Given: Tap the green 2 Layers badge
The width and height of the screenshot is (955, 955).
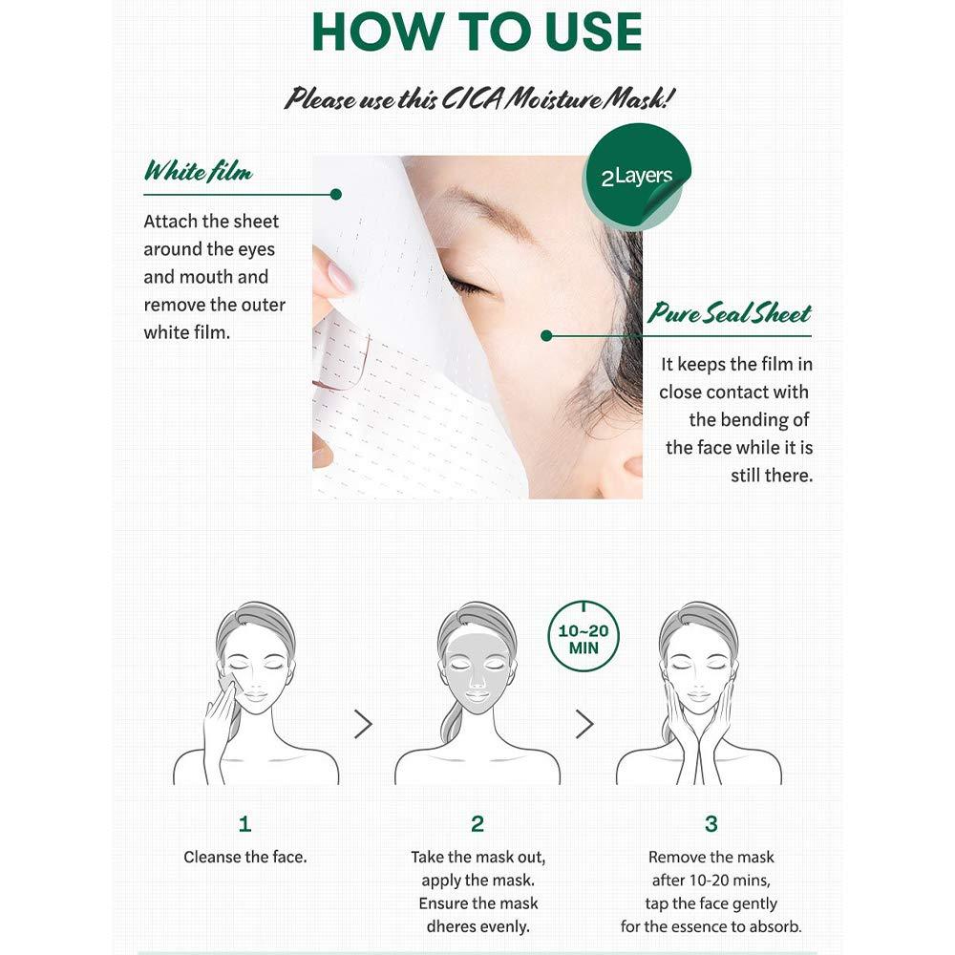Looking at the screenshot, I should pos(638,177).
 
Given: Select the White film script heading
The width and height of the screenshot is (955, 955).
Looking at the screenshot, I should pos(198,173).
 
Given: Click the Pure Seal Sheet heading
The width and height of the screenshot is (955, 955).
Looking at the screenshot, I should pos(730,314).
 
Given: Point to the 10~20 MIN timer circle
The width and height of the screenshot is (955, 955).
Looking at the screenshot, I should pos(583,635).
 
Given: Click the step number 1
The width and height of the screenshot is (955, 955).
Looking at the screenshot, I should pos(245,823).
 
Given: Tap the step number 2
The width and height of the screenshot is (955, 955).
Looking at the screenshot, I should pos(477,823).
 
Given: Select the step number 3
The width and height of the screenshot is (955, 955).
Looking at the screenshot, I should pos(711,823).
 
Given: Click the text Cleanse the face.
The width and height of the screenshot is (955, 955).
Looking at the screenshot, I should pos(245,857).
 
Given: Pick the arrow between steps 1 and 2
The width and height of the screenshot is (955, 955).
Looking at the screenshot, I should pos(363,724).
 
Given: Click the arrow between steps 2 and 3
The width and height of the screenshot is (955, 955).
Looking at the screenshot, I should pos(584,724).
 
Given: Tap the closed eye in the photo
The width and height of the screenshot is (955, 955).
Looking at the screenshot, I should pos(468,286).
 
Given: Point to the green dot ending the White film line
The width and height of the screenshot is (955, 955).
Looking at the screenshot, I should pos(335,194).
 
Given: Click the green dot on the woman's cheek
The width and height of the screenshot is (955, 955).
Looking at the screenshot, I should pos(546,335).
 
